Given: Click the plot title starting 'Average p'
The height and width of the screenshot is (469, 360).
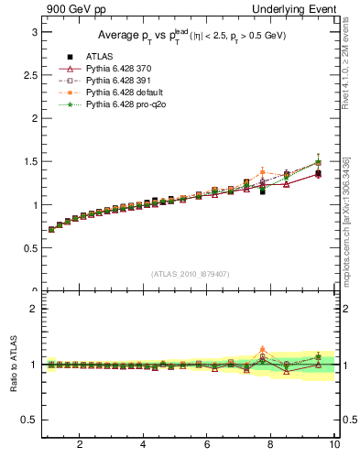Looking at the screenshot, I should (190, 36).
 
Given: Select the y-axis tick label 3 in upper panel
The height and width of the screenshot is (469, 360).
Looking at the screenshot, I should (34, 32).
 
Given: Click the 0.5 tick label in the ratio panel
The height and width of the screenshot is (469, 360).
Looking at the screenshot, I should (30, 420).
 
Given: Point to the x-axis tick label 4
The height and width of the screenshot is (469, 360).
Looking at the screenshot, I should (143, 445).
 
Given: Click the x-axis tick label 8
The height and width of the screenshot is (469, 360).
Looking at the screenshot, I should (271, 445).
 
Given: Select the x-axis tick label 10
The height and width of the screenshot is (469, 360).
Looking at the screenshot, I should (334, 445).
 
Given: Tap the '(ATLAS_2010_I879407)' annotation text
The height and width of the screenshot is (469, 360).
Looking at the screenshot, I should (190, 273).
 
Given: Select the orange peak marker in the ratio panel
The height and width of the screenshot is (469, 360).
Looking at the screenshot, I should (263, 349).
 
